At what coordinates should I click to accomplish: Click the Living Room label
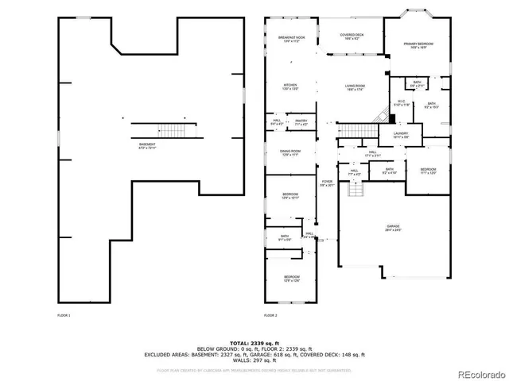[355, 87]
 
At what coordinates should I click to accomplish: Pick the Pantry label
[301, 122]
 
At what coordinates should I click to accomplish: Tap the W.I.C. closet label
[402, 102]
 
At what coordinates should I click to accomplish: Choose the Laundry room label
[402, 136]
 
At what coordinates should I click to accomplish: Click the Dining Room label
[289, 152]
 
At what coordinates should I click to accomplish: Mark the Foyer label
[327, 184]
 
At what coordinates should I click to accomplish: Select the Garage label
[394, 228]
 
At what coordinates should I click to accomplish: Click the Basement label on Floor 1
[147, 146]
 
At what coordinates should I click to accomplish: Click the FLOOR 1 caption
[64, 316]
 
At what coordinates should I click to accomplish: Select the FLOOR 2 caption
[270, 316]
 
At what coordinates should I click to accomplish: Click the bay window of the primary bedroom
[418, 13]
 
